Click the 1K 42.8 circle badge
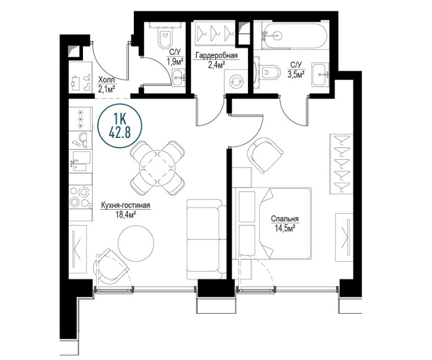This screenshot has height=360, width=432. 120,125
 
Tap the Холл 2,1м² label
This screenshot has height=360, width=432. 106,85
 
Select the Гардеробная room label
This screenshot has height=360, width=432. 216,56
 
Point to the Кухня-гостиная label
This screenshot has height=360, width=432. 125,206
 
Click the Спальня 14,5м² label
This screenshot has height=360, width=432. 285,223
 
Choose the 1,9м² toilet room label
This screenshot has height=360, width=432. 175,61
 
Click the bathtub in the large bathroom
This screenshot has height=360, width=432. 294,36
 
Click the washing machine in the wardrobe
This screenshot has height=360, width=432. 237,81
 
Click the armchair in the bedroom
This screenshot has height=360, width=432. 264,155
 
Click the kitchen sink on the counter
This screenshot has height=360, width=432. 81,161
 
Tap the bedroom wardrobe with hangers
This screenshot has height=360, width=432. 341,164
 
